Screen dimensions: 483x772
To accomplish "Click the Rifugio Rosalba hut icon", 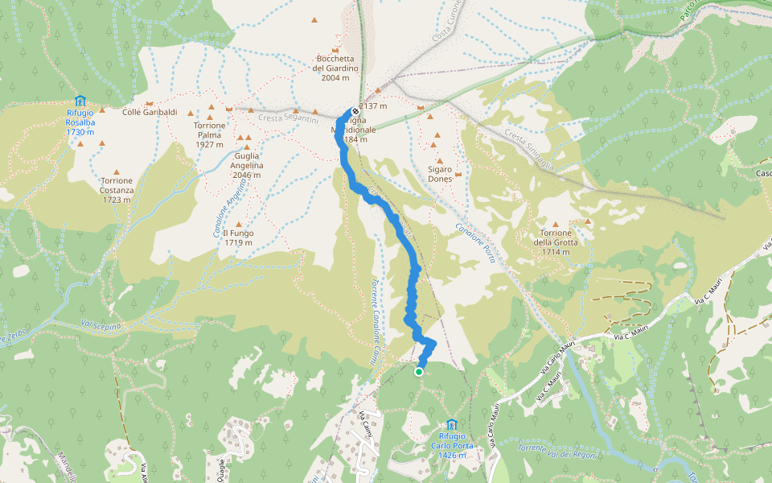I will [80, 101].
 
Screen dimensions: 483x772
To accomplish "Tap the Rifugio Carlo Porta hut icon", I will [452, 424].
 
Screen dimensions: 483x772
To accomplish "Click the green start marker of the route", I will [419, 372].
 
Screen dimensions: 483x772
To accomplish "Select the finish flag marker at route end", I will [355, 111].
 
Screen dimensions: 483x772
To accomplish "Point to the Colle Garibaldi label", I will [150, 112].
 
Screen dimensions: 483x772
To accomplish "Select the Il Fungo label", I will [239, 237].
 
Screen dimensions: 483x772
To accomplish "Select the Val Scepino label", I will [101, 326].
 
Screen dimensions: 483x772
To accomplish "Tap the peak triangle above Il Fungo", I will [239, 225].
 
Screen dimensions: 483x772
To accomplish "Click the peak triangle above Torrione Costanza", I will [117, 172].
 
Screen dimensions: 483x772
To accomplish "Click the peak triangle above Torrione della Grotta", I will [588, 221].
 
